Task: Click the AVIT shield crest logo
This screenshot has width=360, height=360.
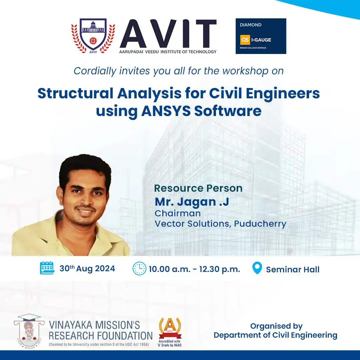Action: (93, 36)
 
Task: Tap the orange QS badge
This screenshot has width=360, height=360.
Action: (245, 40)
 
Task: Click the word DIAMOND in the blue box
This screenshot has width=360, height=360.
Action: (251, 25)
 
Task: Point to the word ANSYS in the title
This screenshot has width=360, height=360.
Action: (166, 111)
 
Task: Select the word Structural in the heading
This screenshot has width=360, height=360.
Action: (75, 93)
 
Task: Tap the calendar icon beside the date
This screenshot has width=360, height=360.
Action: (47, 268)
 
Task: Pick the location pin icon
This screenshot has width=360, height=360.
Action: (257, 268)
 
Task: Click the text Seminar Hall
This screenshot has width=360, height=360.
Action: (293, 269)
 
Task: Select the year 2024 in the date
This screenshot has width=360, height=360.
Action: (105, 269)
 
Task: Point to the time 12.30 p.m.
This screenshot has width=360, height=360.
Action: (219, 269)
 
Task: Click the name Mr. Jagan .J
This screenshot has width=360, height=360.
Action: (192, 202)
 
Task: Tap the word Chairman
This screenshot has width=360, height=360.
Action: (178, 213)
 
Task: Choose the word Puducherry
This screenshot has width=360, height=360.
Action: (260, 224)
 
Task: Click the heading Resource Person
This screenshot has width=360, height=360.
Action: (198, 188)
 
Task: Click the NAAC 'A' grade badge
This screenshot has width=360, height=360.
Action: (170, 332)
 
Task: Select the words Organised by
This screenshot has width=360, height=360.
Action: (276, 326)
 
